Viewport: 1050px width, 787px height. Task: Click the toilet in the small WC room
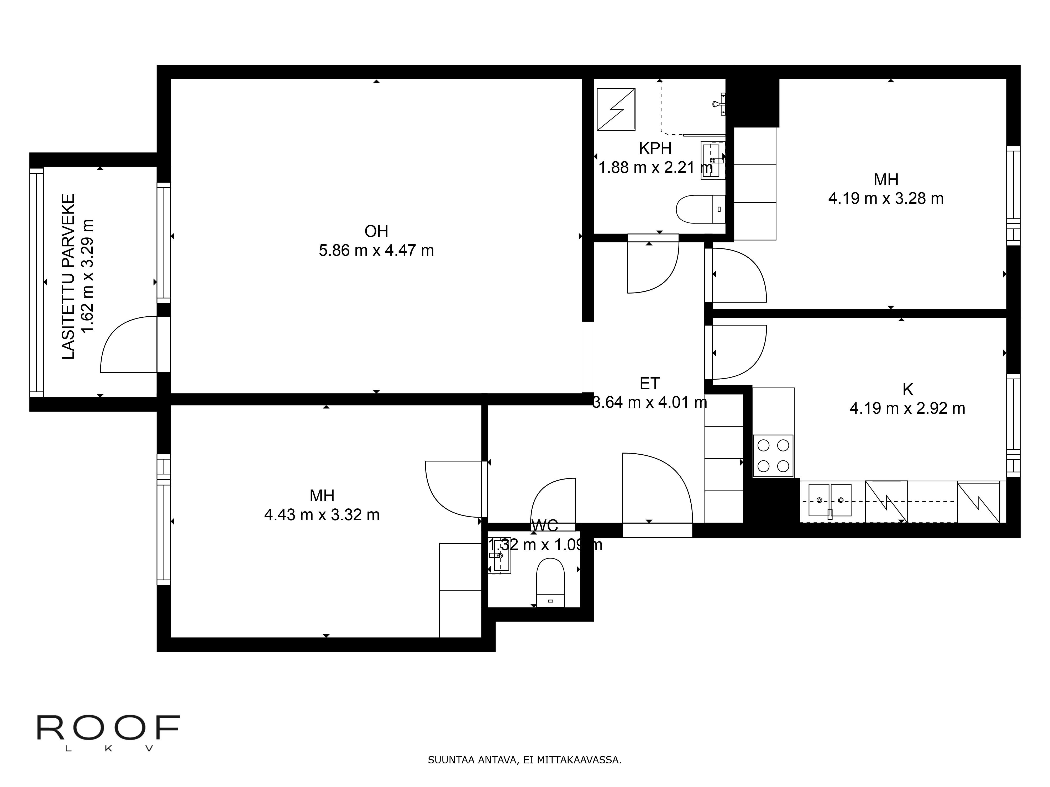[x=550, y=583]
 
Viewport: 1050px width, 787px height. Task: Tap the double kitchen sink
[x=830, y=500]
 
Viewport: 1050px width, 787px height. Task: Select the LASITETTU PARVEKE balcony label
[x=69, y=276]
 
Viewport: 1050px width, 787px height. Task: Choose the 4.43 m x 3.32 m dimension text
[x=322, y=515]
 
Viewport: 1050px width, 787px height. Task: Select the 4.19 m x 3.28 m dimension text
[x=886, y=198]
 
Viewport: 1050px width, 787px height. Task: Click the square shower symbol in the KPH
[x=616, y=110]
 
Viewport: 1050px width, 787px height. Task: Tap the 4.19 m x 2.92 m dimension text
[x=907, y=408]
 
